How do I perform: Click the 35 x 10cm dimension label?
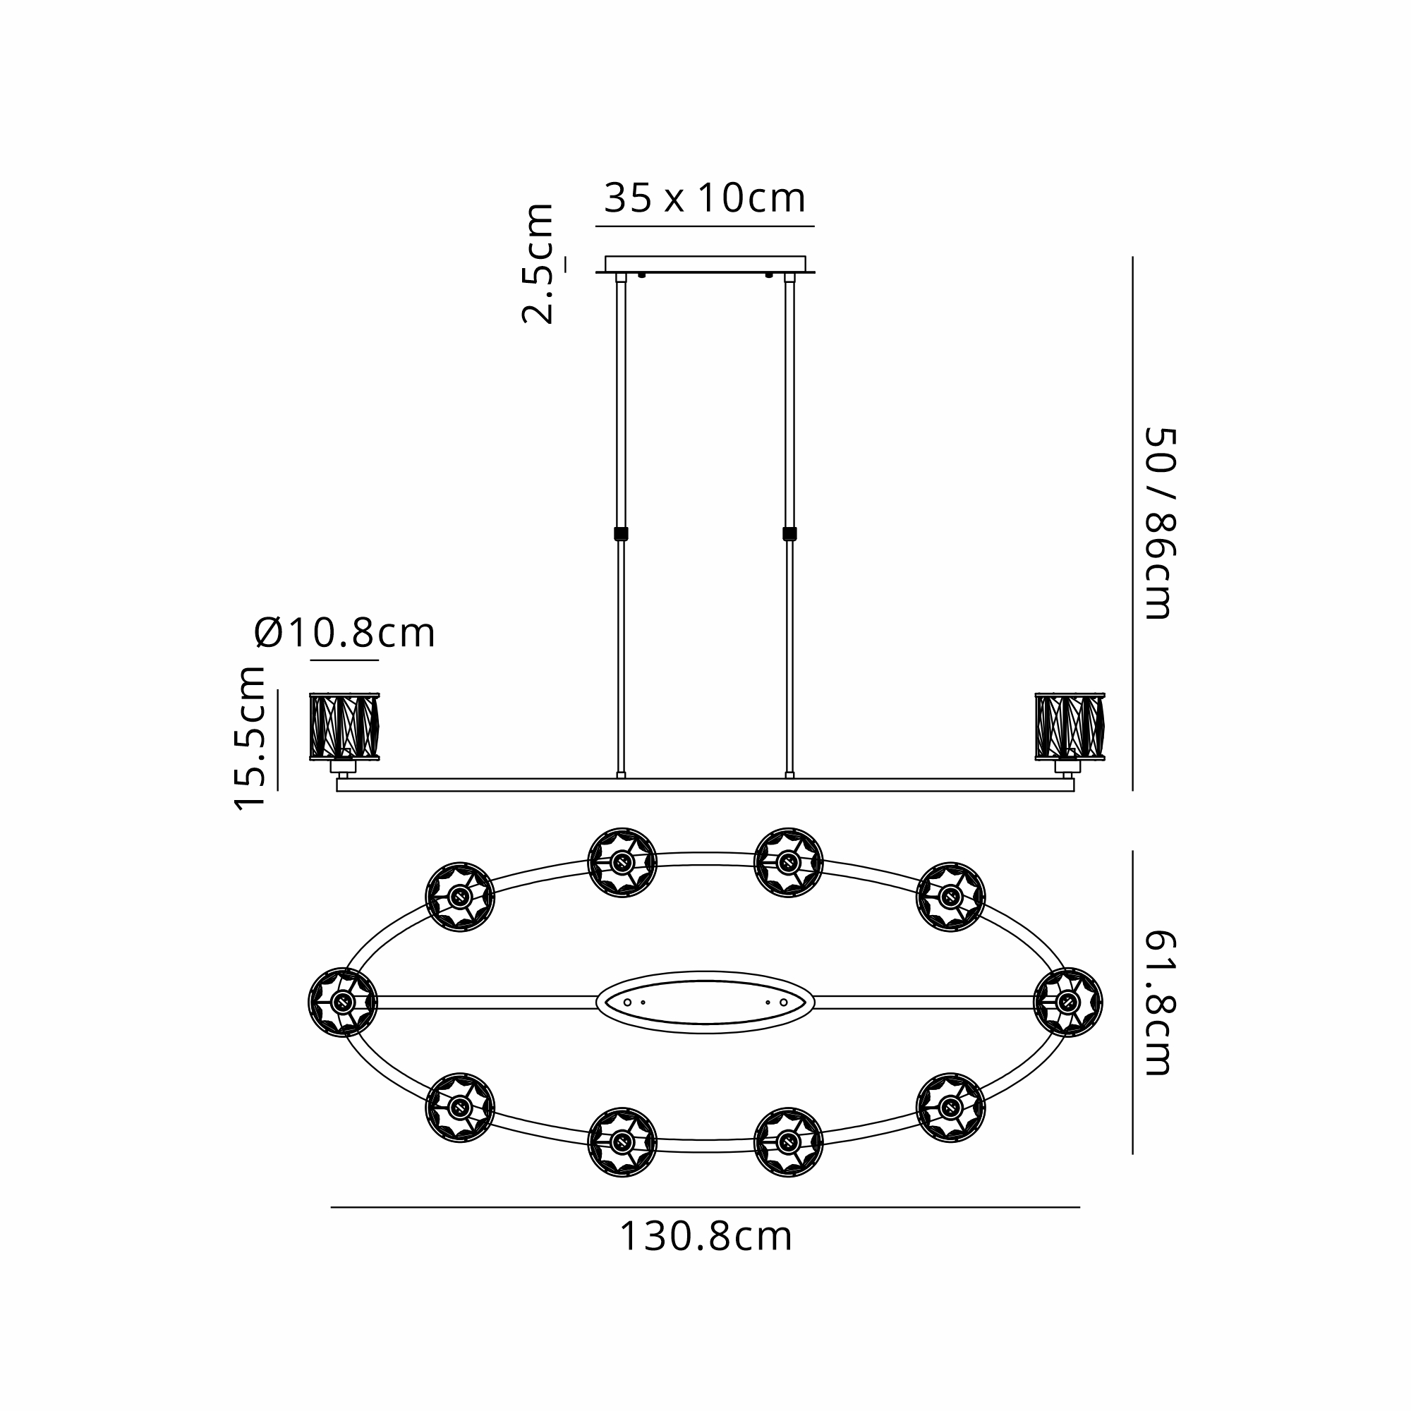click(705, 198)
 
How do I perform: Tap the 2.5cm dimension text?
click(538, 264)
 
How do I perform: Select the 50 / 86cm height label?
click(1159, 523)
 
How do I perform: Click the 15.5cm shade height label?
click(249, 739)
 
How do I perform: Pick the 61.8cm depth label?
click(1159, 1003)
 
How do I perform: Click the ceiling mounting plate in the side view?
click(705, 264)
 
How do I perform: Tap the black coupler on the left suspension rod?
click(621, 534)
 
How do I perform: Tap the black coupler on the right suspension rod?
click(789, 534)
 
